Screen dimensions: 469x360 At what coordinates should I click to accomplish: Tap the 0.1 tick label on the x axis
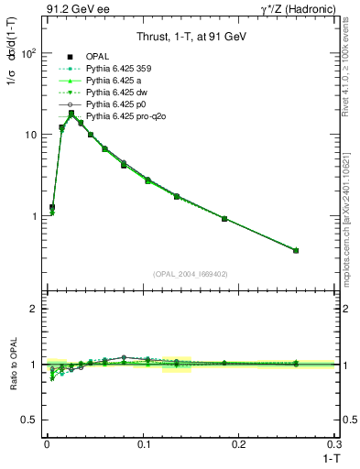[x=142, y=443]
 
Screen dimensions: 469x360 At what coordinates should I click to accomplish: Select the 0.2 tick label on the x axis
[x=238, y=443]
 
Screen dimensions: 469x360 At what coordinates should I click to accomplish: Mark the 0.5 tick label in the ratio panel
[x=30, y=420]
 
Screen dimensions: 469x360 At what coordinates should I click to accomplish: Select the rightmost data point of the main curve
[x=296, y=250]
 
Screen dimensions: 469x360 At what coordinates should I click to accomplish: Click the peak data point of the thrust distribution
[x=71, y=114]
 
